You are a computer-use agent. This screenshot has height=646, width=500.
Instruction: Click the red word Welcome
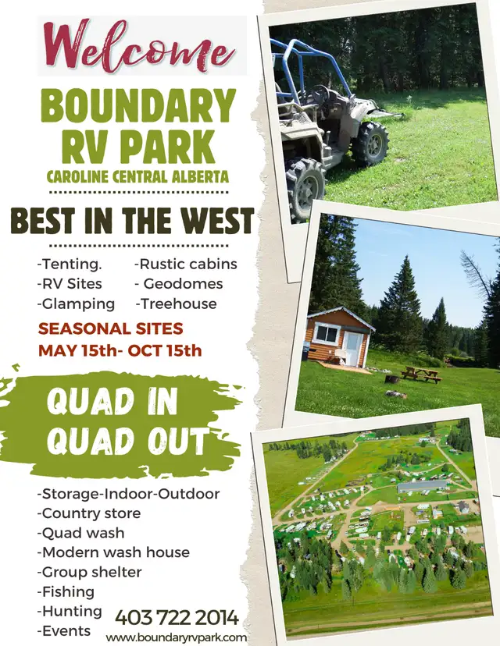pyautogui.click(x=139, y=48)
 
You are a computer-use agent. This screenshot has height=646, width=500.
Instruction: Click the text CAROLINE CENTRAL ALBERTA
pyautogui.click(x=137, y=177)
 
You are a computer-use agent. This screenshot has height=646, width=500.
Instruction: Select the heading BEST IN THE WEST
pyautogui.click(x=132, y=220)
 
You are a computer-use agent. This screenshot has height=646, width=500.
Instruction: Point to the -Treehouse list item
pyautogui.click(x=176, y=303)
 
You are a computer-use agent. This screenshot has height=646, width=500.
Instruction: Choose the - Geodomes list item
pyautogui.click(x=179, y=283)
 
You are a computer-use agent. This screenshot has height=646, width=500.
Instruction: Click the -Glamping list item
pyautogui.click(x=76, y=304)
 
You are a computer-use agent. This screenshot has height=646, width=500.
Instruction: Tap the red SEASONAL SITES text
pyautogui.click(x=111, y=328)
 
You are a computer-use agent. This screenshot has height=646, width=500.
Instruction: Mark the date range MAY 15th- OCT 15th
pyautogui.click(x=120, y=350)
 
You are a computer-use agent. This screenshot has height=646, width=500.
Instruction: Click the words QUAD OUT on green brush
pyautogui.click(x=128, y=441)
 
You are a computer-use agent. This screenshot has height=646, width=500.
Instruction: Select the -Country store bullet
pyautogui.click(x=89, y=513)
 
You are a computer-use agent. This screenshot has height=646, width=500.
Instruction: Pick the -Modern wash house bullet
pyautogui.click(x=113, y=552)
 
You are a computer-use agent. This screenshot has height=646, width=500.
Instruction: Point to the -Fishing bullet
pyautogui.click(x=66, y=592)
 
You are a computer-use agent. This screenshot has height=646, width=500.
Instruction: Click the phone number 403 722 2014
pyautogui.click(x=177, y=618)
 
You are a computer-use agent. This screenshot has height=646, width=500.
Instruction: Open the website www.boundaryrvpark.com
pyautogui.click(x=177, y=637)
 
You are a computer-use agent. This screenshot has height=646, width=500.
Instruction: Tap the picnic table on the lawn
pyautogui.click(x=421, y=374)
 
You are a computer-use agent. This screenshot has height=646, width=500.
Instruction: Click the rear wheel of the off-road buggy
pyautogui.click(x=370, y=144)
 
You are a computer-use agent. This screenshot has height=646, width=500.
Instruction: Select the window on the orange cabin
pyautogui.click(x=326, y=333)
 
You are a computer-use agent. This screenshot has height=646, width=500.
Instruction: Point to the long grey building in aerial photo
pyautogui.click(x=423, y=486)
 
